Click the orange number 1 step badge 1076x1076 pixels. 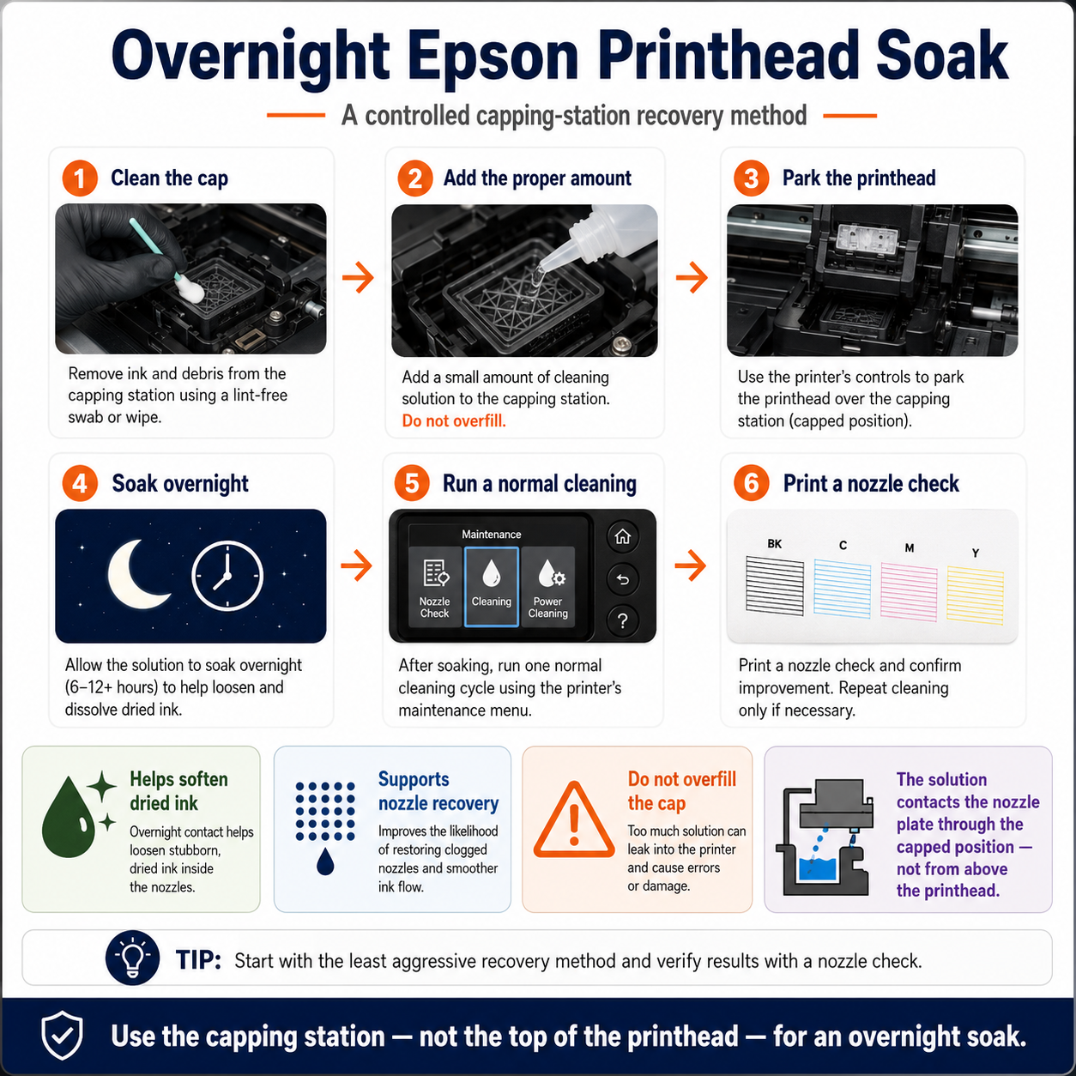click(80, 178)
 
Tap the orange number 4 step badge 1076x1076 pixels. click(80, 483)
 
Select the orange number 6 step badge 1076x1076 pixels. click(751, 483)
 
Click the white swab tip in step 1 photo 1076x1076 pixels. click(190, 290)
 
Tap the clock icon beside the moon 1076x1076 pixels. click(227, 576)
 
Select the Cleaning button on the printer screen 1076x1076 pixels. click(492, 586)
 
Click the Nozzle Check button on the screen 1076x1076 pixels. click(434, 586)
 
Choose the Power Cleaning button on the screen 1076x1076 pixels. click(547, 586)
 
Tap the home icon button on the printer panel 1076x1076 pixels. click(623, 536)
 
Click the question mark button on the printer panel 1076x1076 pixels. click(623, 620)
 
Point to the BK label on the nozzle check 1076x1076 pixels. click(775, 544)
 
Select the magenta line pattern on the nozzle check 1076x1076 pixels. click(909, 592)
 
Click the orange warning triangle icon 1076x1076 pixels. click(574, 820)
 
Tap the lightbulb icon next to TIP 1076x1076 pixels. click(132, 958)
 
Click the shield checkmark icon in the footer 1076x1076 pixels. click(63, 1035)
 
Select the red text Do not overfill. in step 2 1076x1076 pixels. click(454, 420)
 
